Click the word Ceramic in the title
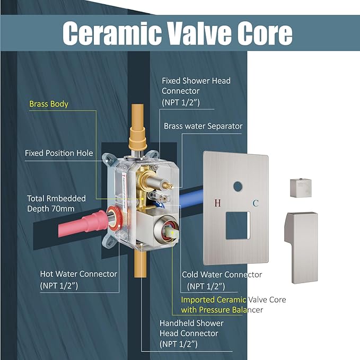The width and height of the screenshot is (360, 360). pyautogui.click(x=112, y=33)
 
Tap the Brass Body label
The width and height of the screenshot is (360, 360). pyautogui.click(x=49, y=104)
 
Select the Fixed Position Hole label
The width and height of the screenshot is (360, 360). pyautogui.click(x=59, y=153)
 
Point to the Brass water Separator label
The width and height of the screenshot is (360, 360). pyautogui.click(x=203, y=126)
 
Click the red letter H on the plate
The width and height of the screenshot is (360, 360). pyautogui.click(x=217, y=203)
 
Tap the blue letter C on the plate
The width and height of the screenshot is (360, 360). pyautogui.click(x=256, y=203)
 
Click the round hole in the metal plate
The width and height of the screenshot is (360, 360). pyautogui.click(x=238, y=187)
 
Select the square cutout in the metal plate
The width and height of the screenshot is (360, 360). pyautogui.click(x=238, y=225)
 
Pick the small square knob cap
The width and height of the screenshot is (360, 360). pyautogui.click(x=301, y=188)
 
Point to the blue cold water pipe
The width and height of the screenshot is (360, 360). pyautogui.click(x=190, y=198)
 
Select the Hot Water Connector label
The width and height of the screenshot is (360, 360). pyautogui.click(x=78, y=279)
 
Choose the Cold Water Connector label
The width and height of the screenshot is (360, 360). pyautogui.click(x=222, y=280)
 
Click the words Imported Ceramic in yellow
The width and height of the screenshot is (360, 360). pyautogui.click(x=213, y=300)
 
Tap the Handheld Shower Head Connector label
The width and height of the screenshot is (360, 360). pyautogui.click(x=191, y=333)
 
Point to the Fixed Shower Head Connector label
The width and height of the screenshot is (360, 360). pyautogui.click(x=196, y=91)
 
